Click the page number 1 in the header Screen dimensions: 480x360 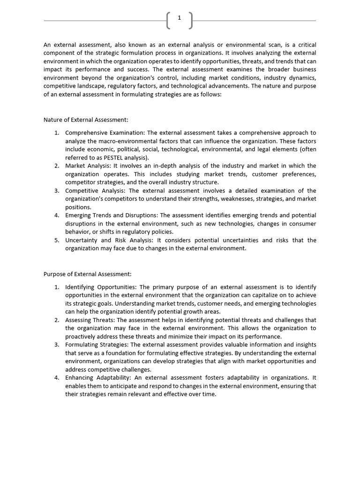point(180,18)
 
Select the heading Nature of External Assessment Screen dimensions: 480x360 point(86,120)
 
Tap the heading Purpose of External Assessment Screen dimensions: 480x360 point(88,274)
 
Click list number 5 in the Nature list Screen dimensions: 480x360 point(56,240)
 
